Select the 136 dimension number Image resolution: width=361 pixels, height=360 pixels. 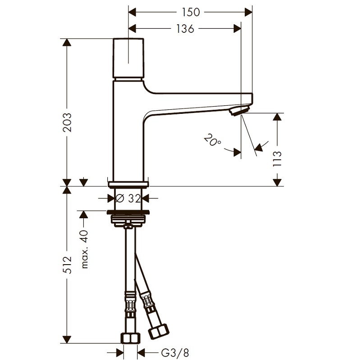point(184,29)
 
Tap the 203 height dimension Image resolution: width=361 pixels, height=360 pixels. point(67,121)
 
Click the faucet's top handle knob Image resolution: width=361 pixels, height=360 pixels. point(128,58)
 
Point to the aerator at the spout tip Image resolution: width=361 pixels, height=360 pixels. point(238,111)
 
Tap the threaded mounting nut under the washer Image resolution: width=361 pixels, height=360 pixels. point(128,220)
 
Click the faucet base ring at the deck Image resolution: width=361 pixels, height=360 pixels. point(128,184)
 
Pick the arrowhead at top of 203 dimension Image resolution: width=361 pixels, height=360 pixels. point(67,43)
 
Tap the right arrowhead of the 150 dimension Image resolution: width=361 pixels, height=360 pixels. point(248,12)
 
